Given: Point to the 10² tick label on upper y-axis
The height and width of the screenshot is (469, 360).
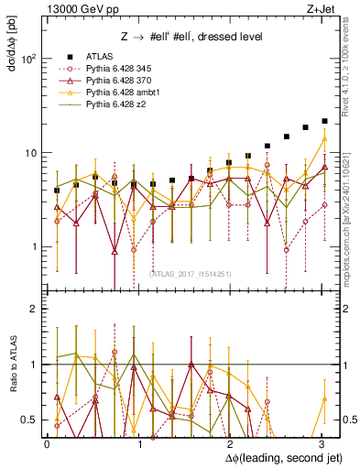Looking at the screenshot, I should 28,59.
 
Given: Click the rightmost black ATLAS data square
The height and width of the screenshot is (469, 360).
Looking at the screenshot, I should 324,121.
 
